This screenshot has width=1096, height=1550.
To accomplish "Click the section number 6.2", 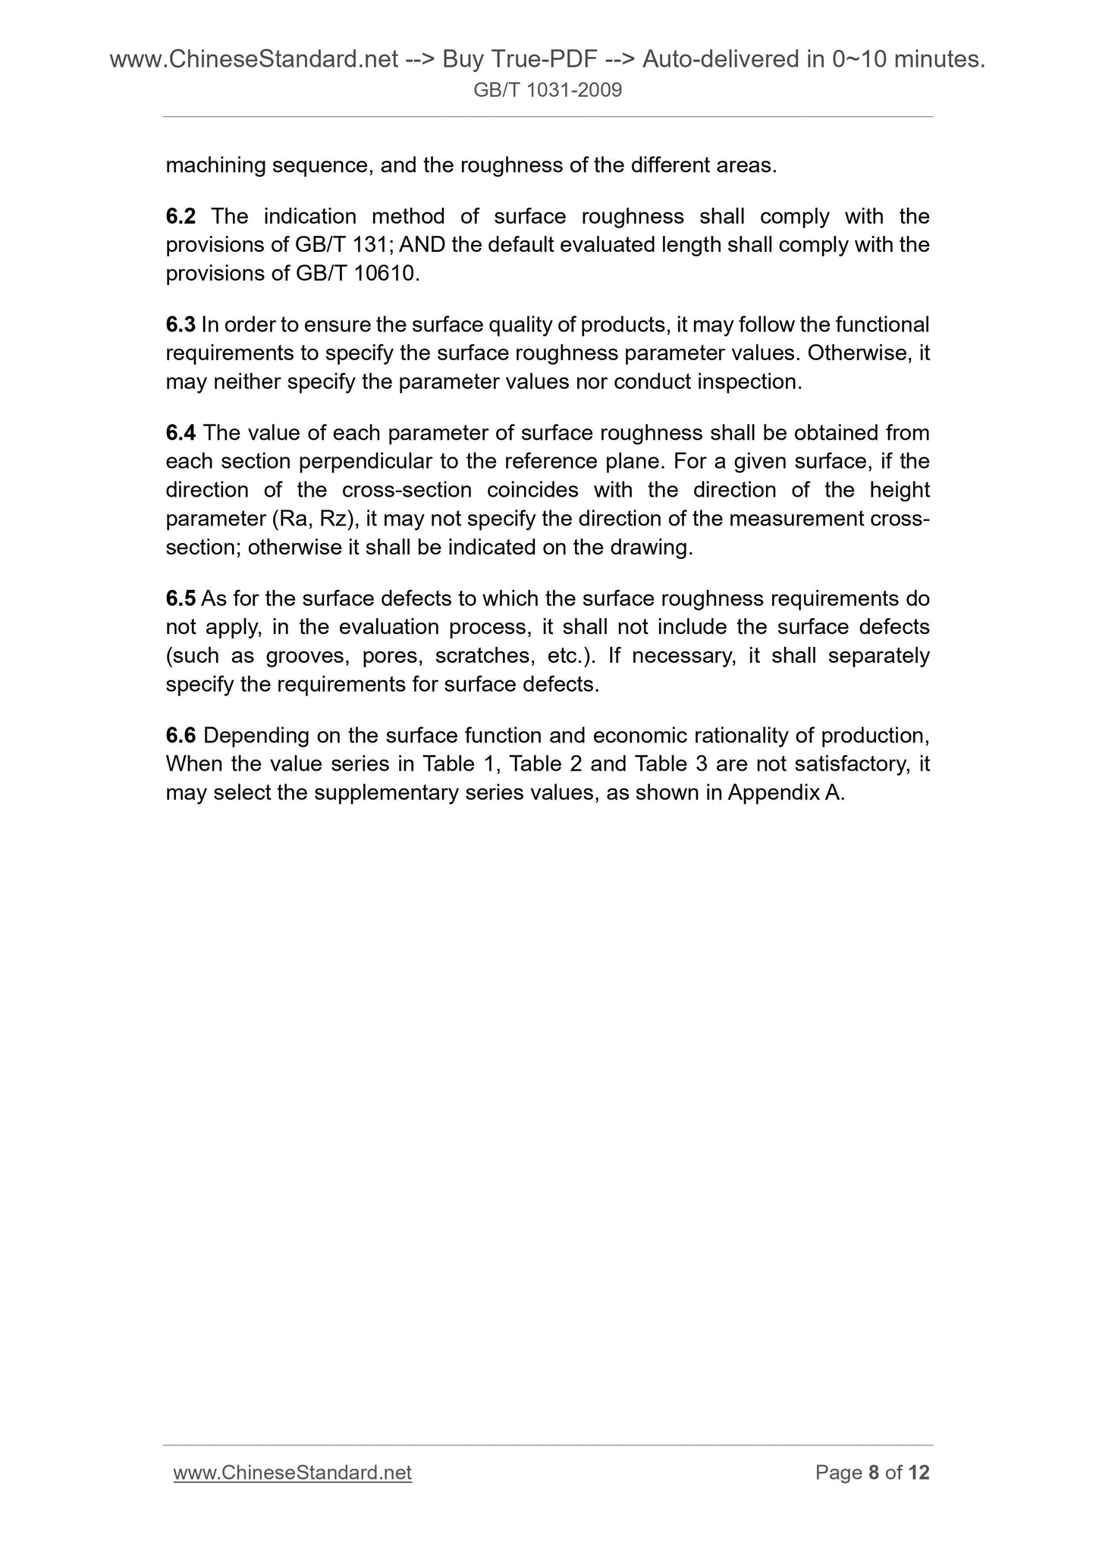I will tap(181, 217).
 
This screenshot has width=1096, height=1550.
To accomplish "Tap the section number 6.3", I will tap(181, 325).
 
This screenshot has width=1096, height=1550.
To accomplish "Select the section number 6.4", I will tap(181, 434).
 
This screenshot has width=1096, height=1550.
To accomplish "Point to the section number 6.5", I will tap(181, 599).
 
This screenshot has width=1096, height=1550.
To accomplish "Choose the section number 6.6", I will tap(181, 736).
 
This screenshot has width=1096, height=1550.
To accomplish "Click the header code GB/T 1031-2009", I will tap(548, 91).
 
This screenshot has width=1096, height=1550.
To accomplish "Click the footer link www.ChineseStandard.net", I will tap(292, 1473).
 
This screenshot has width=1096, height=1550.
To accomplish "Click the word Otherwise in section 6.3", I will tap(859, 353).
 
